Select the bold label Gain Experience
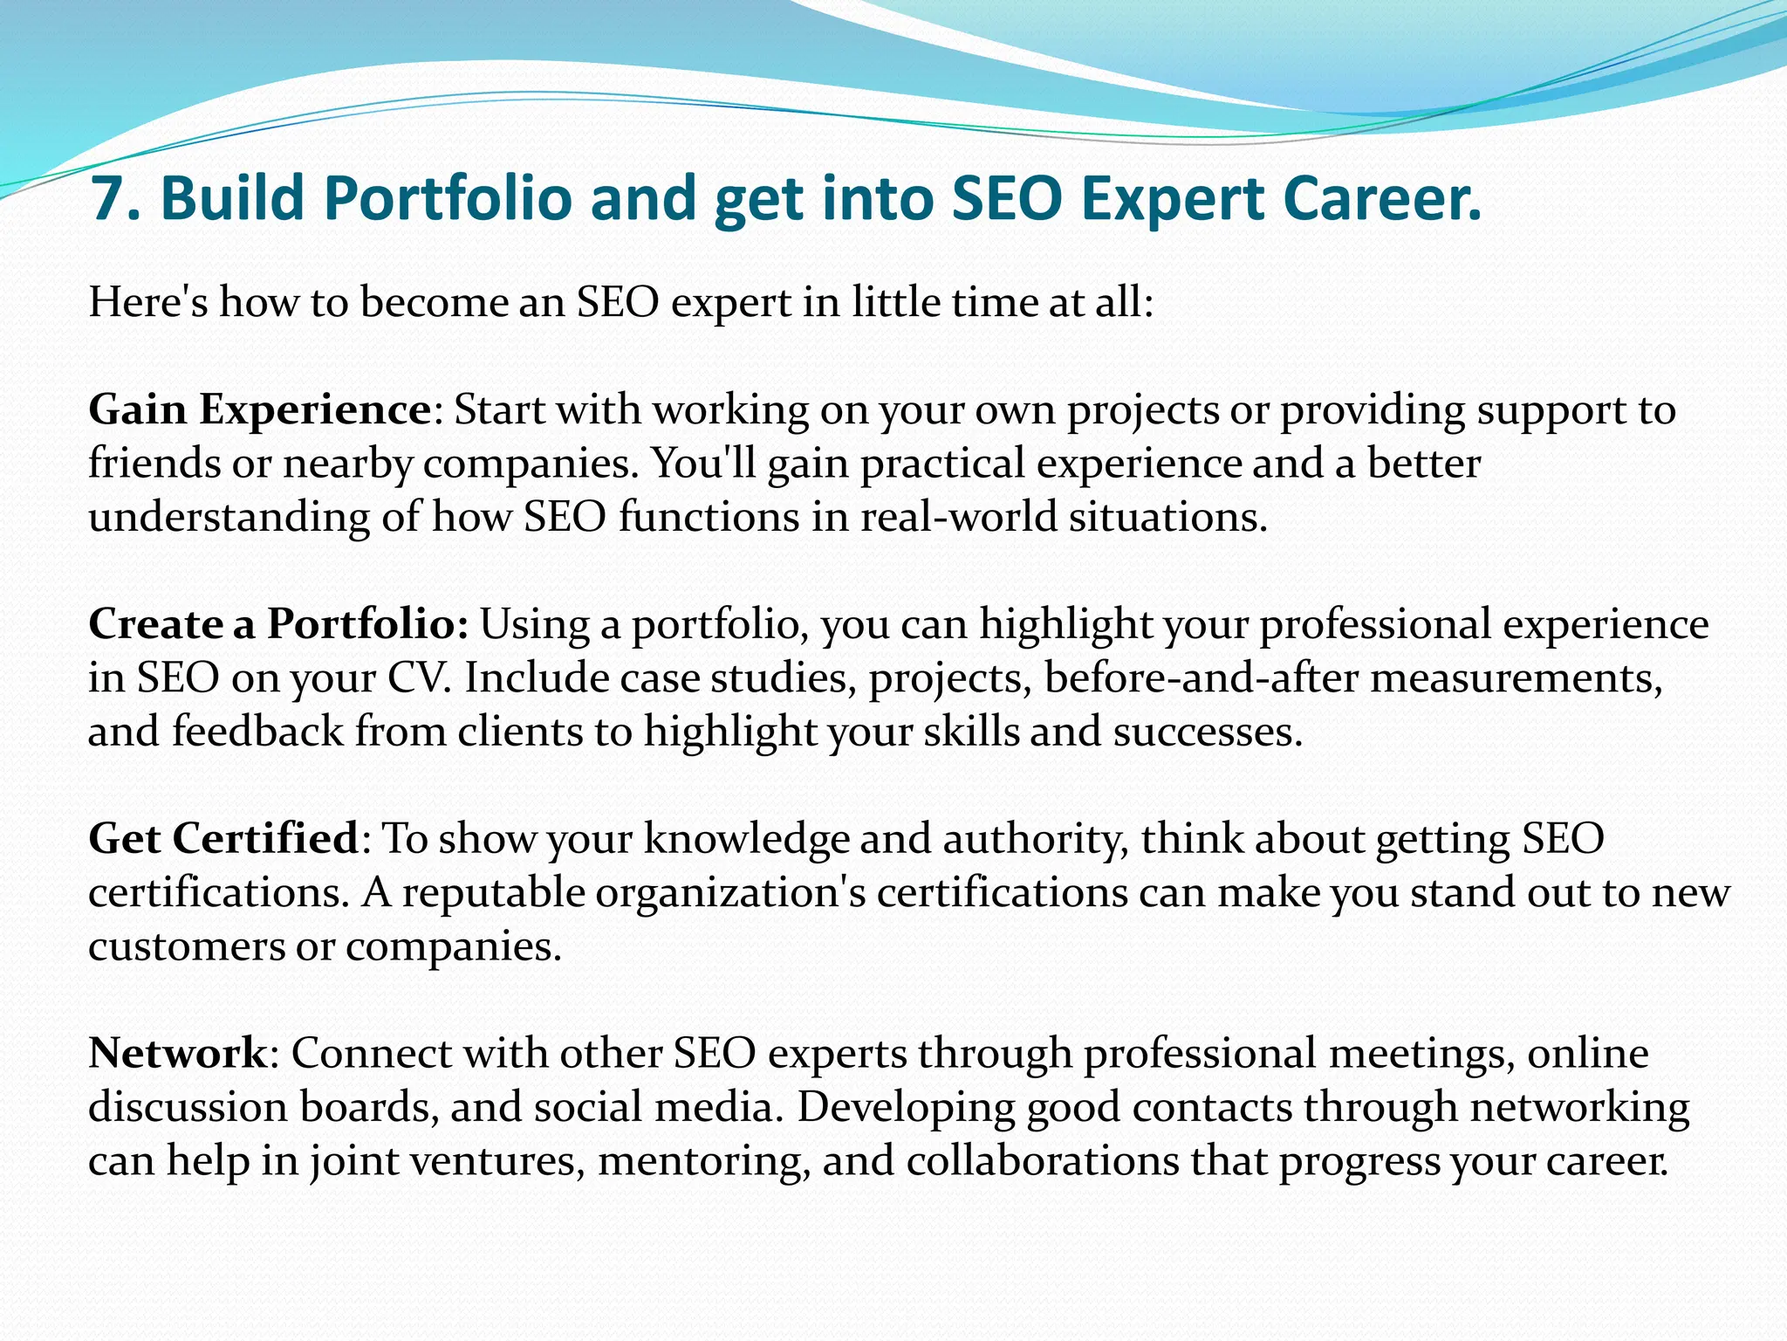(x=259, y=409)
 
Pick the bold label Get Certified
(x=223, y=838)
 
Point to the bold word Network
(x=177, y=1053)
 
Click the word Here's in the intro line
(x=148, y=302)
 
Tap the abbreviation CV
(x=420, y=677)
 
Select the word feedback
(x=257, y=732)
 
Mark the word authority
(x=1035, y=838)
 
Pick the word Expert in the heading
(x=1166, y=198)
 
